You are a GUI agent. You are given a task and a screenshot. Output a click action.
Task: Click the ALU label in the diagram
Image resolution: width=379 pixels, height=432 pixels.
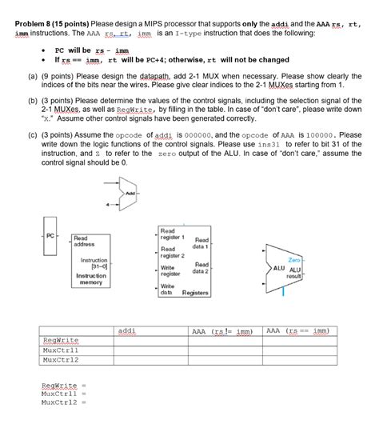[x=279, y=268]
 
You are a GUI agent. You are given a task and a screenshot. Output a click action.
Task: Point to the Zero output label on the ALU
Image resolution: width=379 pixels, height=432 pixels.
[x=293, y=260]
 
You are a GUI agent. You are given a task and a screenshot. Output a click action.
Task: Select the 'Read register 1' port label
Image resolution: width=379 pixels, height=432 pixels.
[x=173, y=234]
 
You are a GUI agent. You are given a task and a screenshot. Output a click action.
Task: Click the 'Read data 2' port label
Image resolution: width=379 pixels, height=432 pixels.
[x=201, y=268]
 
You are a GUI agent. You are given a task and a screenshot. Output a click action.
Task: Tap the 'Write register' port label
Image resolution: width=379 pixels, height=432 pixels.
[x=172, y=271]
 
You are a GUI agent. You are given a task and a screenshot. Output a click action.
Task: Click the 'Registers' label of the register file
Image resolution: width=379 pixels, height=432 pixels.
[x=195, y=293]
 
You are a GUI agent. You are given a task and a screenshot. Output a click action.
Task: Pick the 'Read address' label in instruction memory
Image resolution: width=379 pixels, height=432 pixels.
[x=83, y=240]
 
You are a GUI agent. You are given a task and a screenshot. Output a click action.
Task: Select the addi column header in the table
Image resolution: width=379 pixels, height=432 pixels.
[x=126, y=330]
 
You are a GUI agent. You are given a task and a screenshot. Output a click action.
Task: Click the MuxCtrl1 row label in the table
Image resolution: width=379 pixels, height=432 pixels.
[x=62, y=350]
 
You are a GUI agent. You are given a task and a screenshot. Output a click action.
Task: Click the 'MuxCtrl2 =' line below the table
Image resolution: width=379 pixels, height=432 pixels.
[x=63, y=403]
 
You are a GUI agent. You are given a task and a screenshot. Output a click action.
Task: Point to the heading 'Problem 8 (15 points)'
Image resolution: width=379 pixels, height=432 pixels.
[x=51, y=24]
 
